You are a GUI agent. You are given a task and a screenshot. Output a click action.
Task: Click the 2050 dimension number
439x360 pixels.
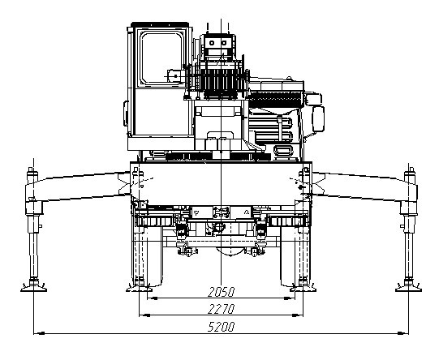[x=221, y=292]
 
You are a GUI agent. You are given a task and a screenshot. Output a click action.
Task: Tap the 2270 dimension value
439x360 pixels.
[x=221, y=309]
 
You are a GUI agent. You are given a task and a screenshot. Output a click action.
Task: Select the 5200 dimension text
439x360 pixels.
[x=221, y=327]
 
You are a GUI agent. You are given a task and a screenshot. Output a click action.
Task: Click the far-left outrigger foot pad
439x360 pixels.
[x=33, y=289]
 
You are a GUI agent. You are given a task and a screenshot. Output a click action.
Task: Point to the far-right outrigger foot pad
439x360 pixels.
[x=408, y=289]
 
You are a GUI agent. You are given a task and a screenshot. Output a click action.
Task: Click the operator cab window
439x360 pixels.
[x=161, y=58]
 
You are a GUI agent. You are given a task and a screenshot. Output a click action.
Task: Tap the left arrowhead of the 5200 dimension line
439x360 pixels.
[x=39, y=333]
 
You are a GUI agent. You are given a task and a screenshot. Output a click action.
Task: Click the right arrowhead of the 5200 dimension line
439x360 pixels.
[x=403, y=333]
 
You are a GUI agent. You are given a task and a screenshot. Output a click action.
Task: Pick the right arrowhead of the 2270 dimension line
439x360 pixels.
[x=298, y=315]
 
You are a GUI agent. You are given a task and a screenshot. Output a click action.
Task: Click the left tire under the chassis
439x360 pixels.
[x=147, y=256]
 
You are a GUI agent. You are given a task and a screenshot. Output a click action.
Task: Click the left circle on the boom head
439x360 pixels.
[x=212, y=43]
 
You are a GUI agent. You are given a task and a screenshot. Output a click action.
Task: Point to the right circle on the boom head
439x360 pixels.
[x=224, y=43]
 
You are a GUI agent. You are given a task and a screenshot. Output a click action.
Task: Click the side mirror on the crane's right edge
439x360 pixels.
[x=318, y=119]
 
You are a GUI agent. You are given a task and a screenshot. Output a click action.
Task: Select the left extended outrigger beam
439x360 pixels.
[x=79, y=186]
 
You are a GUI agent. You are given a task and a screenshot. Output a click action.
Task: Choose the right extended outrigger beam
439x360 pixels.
[x=364, y=186]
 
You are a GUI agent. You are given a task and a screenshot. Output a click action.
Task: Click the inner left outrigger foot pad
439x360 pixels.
[x=139, y=288]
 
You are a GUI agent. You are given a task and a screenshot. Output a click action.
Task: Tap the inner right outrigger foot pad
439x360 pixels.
[x=303, y=288]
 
